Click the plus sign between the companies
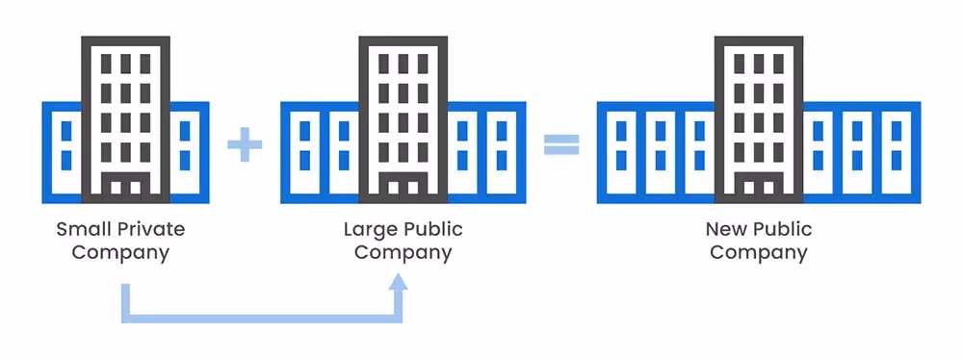245,146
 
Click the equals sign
561,146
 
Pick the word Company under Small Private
120,254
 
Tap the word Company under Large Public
403,254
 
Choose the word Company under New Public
759,254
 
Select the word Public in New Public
782,230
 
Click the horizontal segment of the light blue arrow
260,317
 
